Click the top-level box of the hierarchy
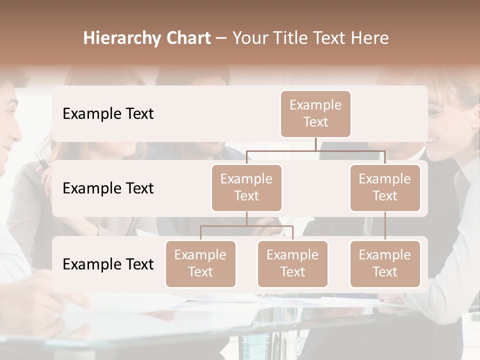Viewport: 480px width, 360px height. click(315, 113)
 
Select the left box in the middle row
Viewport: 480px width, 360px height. click(246, 187)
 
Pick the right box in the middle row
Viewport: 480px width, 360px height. click(385, 187)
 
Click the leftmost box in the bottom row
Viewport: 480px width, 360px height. click(200, 263)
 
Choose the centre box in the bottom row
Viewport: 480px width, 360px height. click(292, 263)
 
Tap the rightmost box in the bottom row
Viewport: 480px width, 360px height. click(385, 263)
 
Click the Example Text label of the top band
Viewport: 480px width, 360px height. click(108, 113)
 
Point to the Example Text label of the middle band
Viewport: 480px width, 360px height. click(108, 188)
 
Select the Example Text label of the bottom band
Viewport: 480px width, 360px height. click(108, 264)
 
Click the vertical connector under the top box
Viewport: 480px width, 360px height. click(315, 144)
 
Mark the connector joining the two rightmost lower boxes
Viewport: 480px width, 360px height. click(385, 225)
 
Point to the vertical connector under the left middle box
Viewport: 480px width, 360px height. click(246, 218)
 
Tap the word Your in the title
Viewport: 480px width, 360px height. click(249, 38)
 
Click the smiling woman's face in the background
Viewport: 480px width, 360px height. click(450, 125)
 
